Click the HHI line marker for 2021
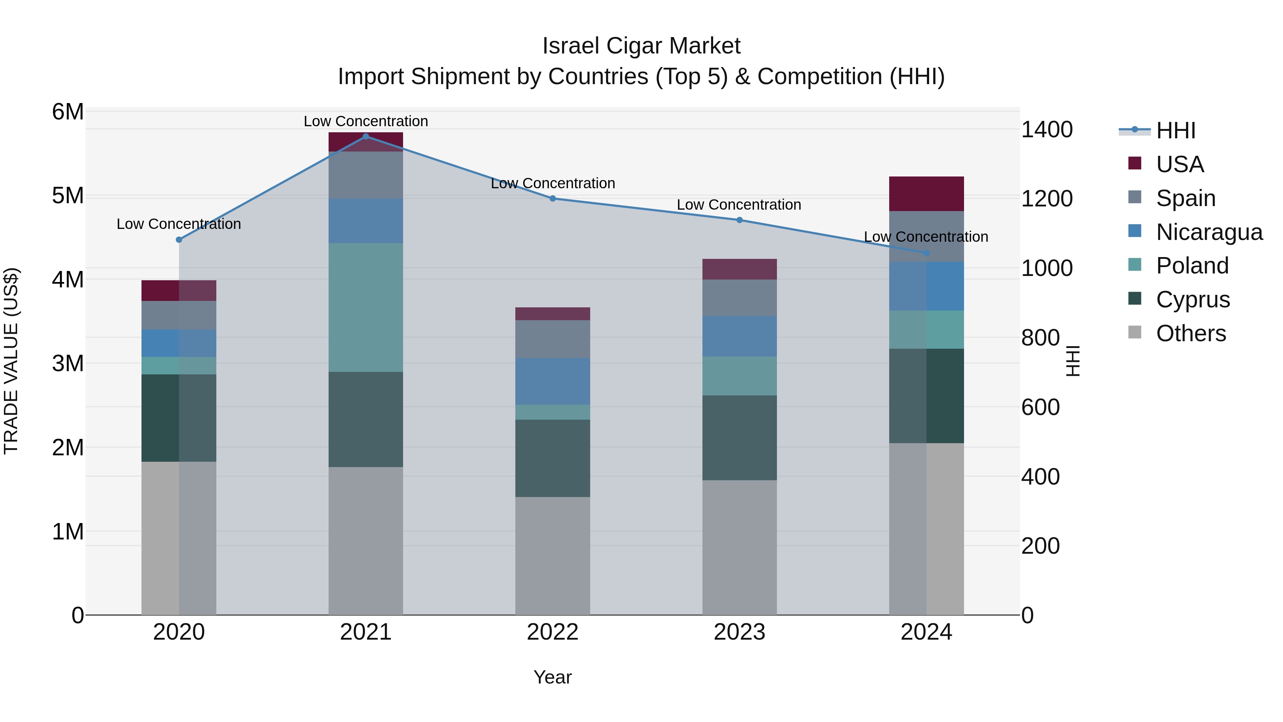[366, 137]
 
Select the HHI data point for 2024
[926, 253]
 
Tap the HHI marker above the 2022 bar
[552, 198]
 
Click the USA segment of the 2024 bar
[926, 194]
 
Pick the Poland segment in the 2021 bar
[366, 307]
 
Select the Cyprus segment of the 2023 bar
[739, 438]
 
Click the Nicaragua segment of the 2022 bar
[552, 381]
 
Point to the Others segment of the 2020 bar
[179, 538]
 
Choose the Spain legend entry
[1185, 198]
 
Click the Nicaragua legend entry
[1209, 232]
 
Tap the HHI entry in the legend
[1175, 130]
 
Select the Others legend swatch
[1135, 332]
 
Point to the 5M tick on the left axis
[68, 196]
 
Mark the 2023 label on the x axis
[739, 632]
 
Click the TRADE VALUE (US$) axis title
[11, 361]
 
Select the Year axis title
[552, 677]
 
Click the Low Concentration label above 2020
[179, 224]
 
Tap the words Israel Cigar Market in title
[641, 46]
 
